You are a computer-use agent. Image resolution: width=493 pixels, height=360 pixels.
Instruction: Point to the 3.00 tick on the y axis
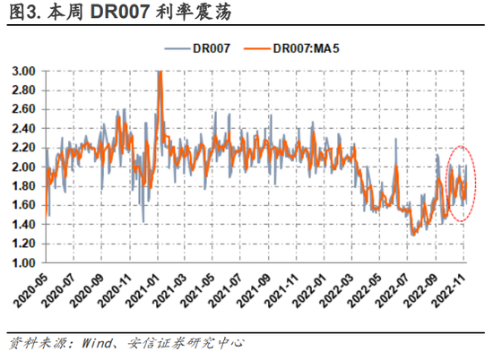(x=23, y=71)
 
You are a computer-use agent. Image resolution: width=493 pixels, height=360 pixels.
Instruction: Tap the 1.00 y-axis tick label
(x=23, y=263)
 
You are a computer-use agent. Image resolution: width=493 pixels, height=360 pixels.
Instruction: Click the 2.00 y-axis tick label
(x=23, y=167)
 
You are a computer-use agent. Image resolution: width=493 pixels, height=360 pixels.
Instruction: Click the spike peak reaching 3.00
(x=160, y=72)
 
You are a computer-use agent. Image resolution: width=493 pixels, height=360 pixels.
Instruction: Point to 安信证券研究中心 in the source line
(x=185, y=344)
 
